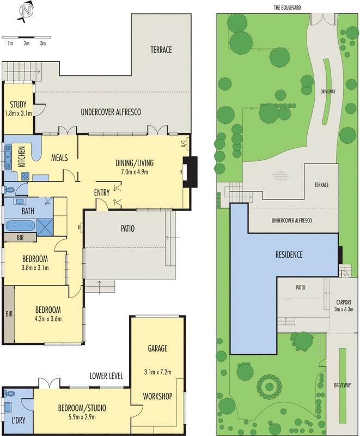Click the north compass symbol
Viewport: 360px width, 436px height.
(x=26, y=11)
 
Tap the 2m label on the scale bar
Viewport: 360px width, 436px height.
(x=27, y=44)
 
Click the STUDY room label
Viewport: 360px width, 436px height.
(x=18, y=105)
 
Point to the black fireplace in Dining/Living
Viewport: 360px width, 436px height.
(x=190, y=172)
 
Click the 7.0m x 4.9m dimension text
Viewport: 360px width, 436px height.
(x=135, y=172)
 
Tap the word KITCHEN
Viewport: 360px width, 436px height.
(x=22, y=156)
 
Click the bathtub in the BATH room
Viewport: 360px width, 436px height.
(x=20, y=226)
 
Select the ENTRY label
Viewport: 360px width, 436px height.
(x=102, y=192)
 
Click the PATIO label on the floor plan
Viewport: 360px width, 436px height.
(x=128, y=228)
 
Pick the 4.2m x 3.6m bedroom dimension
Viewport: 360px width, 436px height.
(x=48, y=319)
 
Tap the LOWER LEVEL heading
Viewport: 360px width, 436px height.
(x=106, y=376)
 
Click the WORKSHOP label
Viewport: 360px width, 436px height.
(x=157, y=396)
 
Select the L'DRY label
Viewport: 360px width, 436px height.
(x=19, y=420)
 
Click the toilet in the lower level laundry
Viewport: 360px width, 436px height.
(x=10, y=393)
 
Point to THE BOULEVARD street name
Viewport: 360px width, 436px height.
(x=287, y=8)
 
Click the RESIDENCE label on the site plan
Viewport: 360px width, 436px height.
(x=289, y=255)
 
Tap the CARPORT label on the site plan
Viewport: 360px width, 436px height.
(x=344, y=302)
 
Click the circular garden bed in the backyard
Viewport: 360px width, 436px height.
(x=269, y=386)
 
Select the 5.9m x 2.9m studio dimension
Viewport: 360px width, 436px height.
(x=82, y=417)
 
